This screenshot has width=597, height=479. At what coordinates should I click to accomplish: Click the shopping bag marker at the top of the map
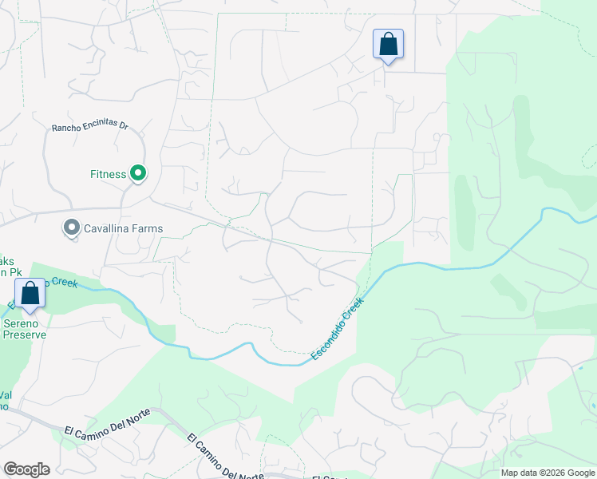pos(388,44)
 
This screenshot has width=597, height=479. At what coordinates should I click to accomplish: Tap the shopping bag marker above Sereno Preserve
pos(30,293)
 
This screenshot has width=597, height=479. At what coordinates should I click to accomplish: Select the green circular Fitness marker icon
pos(138,173)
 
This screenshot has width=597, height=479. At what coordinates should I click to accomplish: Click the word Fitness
pos(108,174)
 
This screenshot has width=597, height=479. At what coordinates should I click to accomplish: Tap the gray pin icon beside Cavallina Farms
pos(72,228)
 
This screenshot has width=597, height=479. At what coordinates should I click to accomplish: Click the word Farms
pos(149,228)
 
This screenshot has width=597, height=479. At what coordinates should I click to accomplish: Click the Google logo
pos(26,469)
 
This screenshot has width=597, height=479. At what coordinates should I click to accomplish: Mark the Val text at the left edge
pos(6,394)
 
